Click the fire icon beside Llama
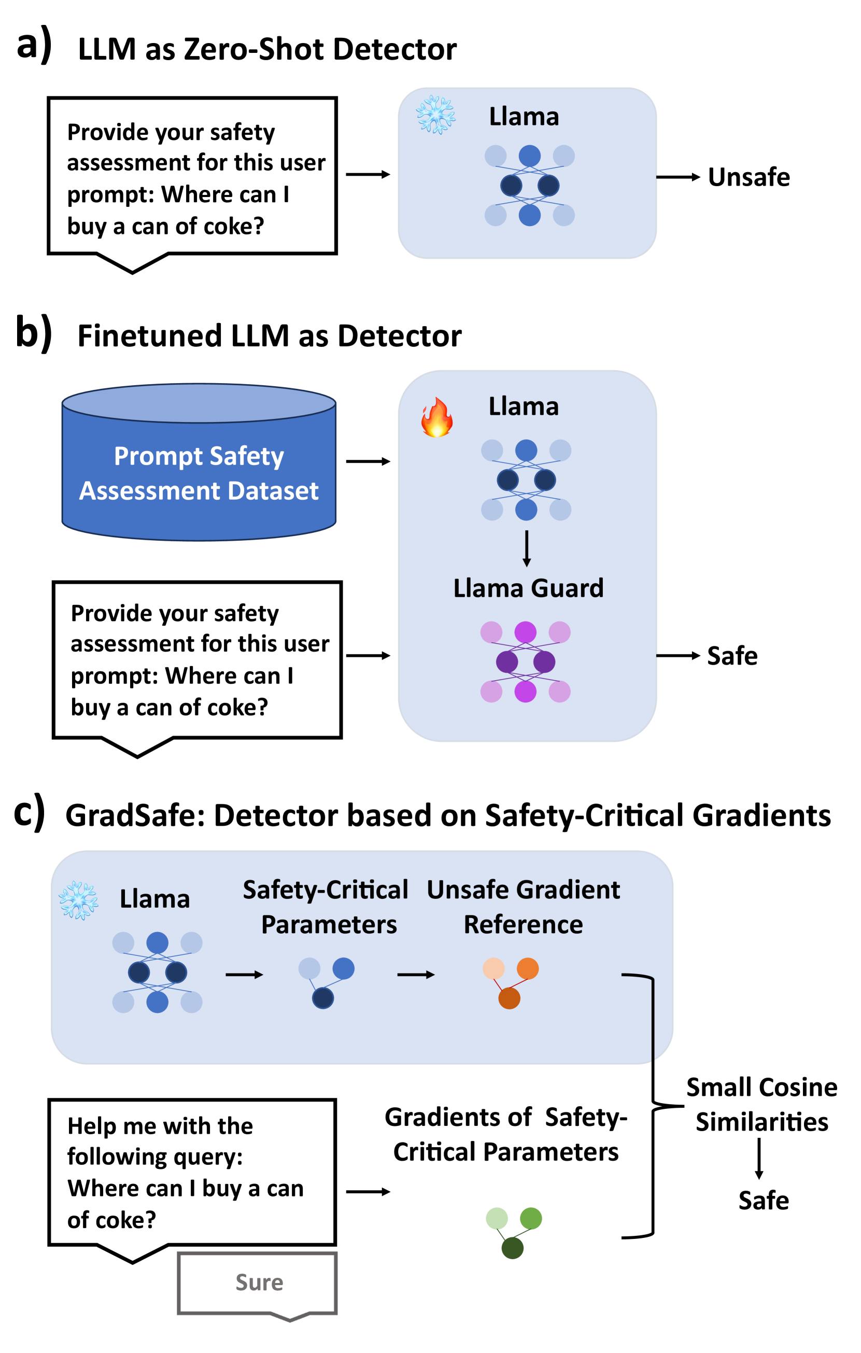point(436,417)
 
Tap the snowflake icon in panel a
point(435,115)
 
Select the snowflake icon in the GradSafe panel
point(79,900)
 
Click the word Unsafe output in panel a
point(749,177)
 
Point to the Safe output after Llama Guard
point(732,656)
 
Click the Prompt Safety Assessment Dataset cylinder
point(199,462)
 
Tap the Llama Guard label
point(528,588)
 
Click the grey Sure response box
point(258,1285)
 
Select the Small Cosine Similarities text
point(761,1105)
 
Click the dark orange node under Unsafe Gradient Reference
point(509,998)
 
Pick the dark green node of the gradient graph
point(512,1248)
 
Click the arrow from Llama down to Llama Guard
point(527,548)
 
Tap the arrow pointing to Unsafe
point(678,177)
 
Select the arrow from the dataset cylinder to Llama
point(368,461)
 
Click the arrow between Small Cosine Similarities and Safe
point(759,1159)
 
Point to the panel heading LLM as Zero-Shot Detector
point(267,49)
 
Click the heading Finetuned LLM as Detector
point(269,335)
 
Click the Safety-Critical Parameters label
point(326,907)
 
